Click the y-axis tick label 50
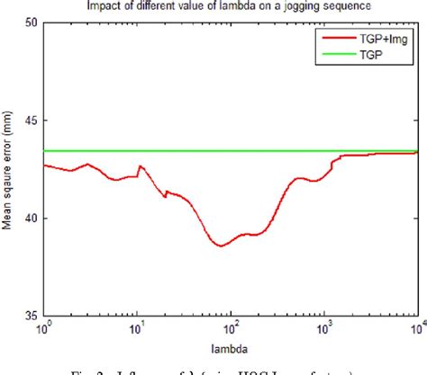pos(29,22)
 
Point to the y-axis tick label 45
pos(29,121)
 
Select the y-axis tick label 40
pos(29,218)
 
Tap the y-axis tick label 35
pos(29,316)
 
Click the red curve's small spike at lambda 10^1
pos(139,166)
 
